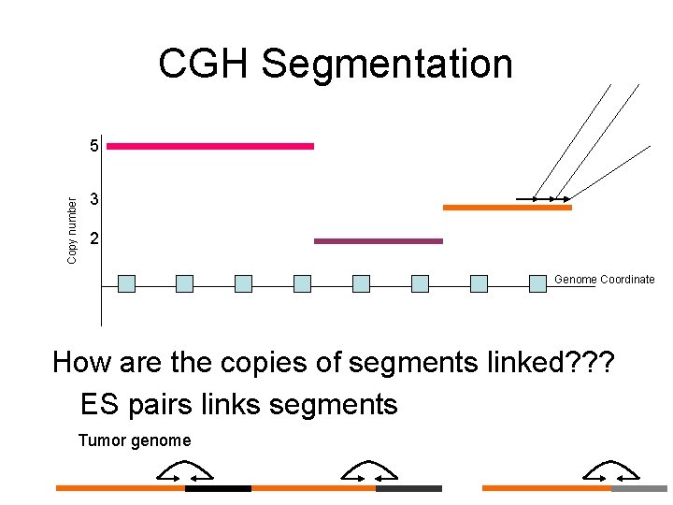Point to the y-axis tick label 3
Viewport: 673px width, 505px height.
(94, 200)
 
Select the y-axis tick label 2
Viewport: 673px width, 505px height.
(94, 240)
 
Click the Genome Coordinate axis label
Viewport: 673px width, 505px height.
(604, 280)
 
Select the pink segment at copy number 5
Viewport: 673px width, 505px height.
(210, 146)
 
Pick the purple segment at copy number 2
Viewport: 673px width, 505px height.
(378, 241)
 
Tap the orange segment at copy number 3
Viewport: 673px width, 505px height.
(507, 208)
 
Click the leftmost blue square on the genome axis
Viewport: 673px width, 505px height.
(127, 283)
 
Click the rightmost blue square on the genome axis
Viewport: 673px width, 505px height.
(537, 283)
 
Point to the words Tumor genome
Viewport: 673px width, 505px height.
(135, 440)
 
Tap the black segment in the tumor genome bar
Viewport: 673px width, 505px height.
(218, 488)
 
